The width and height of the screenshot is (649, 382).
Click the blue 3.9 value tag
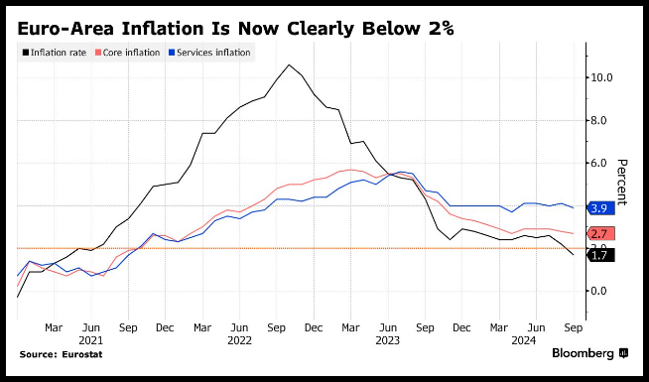click(601, 208)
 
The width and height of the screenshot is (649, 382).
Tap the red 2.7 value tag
click(601, 234)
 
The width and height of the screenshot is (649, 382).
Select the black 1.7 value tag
click(601, 255)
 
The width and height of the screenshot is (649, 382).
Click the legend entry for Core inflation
click(127, 53)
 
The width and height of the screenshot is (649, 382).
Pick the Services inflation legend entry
click(209, 53)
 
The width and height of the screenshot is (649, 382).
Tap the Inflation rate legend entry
click(55, 53)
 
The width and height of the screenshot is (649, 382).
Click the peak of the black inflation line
click(289, 64)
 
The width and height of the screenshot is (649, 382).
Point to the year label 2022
click(239, 340)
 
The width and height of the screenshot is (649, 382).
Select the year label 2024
click(524, 340)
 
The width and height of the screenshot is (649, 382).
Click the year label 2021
click(90, 340)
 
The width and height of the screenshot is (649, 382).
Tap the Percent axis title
click(622, 183)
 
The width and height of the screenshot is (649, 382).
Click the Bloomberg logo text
click(583, 353)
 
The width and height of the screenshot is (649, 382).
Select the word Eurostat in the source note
click(82, 354)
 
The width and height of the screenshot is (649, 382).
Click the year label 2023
click(387, 340)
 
